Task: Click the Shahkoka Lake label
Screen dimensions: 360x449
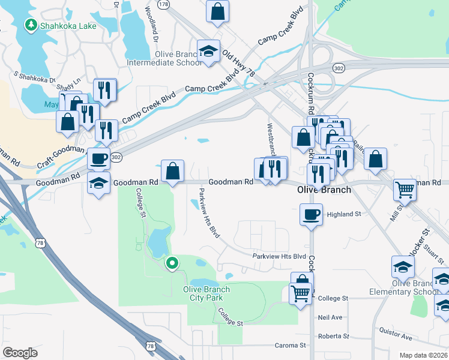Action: (64, 25)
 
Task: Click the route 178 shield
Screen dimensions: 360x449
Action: (164, 4)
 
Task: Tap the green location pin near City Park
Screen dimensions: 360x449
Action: (172, 263)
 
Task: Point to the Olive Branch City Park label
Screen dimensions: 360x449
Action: (206, 293)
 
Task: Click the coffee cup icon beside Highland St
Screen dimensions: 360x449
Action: (311, 214)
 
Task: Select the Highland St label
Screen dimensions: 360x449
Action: (343, 214)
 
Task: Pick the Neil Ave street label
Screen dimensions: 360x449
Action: (330, 317)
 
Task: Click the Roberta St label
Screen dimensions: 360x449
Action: (334, 336)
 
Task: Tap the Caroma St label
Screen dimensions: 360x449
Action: (291, 346)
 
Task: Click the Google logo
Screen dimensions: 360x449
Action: (20, 352)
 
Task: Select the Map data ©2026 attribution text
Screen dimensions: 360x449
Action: (423, 355)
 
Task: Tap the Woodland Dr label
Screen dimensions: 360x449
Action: (150, 23)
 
